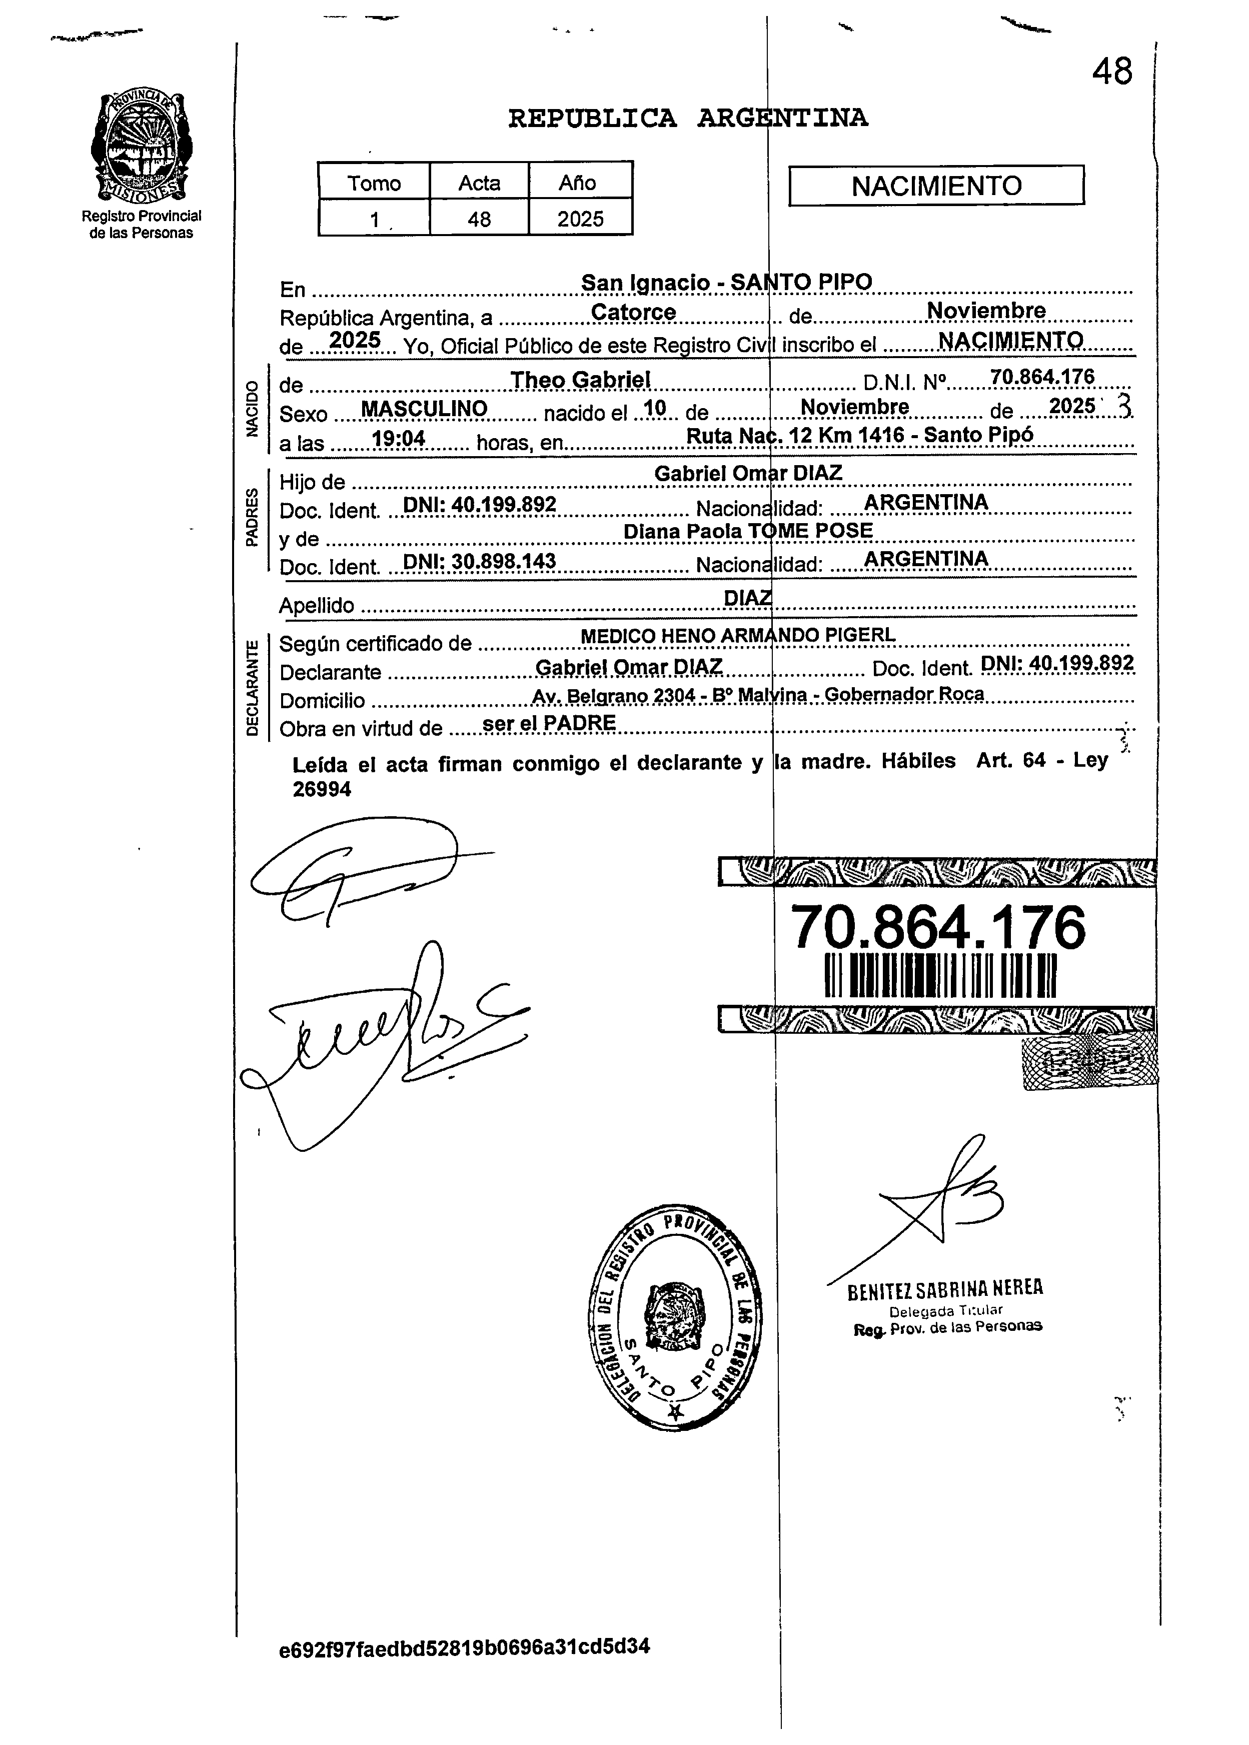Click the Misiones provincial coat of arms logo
click(x=142, y=146)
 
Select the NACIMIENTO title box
click(x=936, y=186)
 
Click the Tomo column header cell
click(x=374, y=182)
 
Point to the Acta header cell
click(x=479, y=182)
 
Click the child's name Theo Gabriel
click(x=581, y=379)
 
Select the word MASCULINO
click(x=424, y=409)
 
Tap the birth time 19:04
click(x=398, y=438)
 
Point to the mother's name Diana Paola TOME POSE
click(x=748, y=531)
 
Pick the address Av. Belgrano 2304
click(x=612, y=695)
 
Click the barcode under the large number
click(x=940, y=975)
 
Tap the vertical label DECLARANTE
click(x=252, y=688)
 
